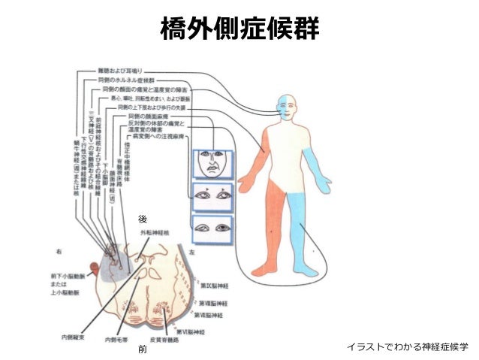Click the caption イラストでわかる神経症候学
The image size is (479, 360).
point(407,346)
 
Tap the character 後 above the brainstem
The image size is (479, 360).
point(142,219)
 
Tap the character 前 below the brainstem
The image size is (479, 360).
point(142,350)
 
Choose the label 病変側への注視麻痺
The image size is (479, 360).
point(158,137)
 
